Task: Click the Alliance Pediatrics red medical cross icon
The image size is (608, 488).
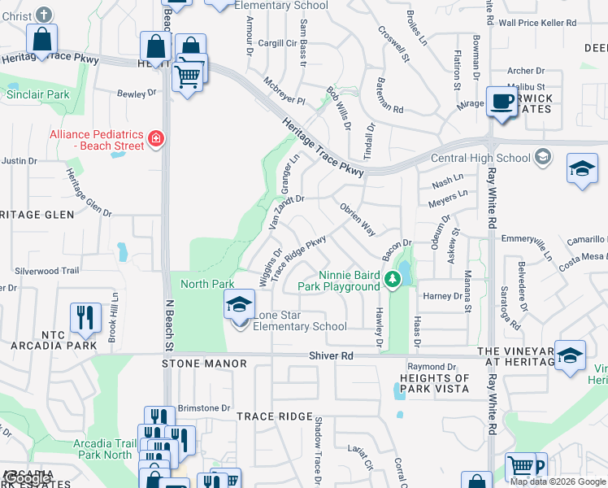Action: click(x=154, y=141)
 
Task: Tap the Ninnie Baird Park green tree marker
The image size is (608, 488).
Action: click(x=393, y=280)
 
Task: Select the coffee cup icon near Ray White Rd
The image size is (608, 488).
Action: click(x=502, y=102)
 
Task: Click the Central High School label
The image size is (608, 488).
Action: click(x=480, y=158)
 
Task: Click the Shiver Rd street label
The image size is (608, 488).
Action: click(x=332, y=355)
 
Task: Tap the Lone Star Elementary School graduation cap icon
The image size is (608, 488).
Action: click(x=239, y=306)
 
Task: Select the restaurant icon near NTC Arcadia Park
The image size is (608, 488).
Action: click(x=85, y=317)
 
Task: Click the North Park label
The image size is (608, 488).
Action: click(x=207, y=284)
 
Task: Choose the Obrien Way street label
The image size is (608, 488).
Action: click(x=358, y=220)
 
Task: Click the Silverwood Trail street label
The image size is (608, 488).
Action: click(x=46, y=270)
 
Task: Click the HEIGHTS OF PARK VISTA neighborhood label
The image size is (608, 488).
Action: click(x=435, y=384)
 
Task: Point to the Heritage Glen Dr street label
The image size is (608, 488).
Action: click(x=88, y=192)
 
